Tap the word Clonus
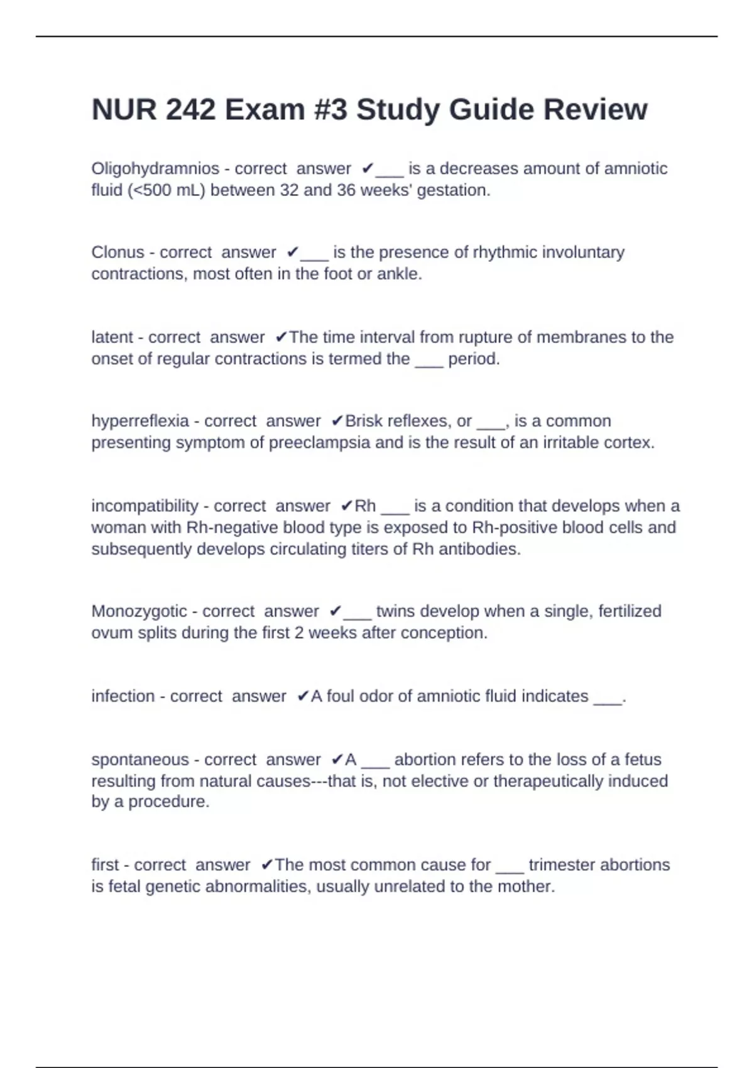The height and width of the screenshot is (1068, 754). click(x=117, y=253)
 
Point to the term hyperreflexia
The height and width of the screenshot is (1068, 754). click(x=140, y=421)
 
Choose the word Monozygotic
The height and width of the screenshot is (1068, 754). click(x=139, y=611)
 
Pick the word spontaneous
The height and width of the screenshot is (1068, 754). click(x=140, y=760)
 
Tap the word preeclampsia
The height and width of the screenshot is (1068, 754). click(x=319, y=443)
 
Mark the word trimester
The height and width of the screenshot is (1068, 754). click(x=563, y=865)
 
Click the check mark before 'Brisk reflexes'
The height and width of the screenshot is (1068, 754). click(x=337, y=421)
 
